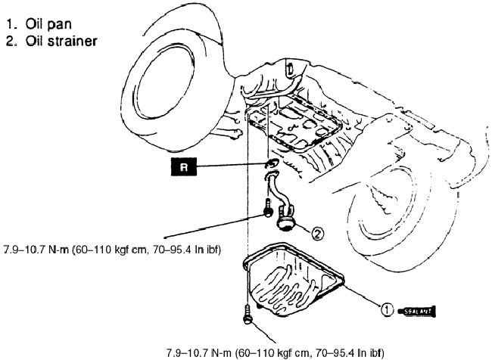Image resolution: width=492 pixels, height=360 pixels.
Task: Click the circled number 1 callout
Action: [x=386, y=309]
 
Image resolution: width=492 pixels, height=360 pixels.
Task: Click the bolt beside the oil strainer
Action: [x=268, y=209]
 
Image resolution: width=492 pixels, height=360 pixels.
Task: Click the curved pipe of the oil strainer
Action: [x=277, y=189]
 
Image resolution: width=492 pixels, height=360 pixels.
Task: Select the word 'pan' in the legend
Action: [x=58, y=24]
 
